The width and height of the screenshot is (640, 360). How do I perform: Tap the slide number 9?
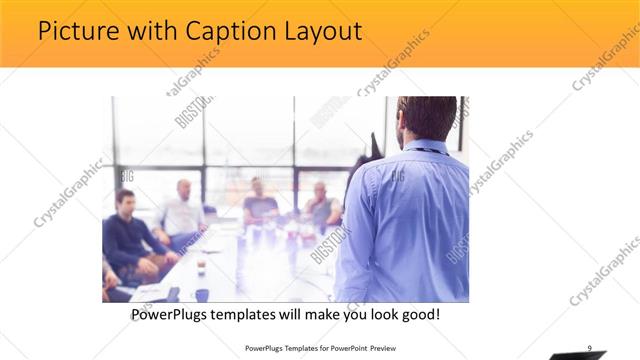click(589, 347)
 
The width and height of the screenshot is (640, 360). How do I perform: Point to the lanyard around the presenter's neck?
click(428, 150)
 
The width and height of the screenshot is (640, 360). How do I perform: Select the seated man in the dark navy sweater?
click(127, 235)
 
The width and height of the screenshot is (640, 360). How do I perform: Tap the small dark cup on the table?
click(201, 266)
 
